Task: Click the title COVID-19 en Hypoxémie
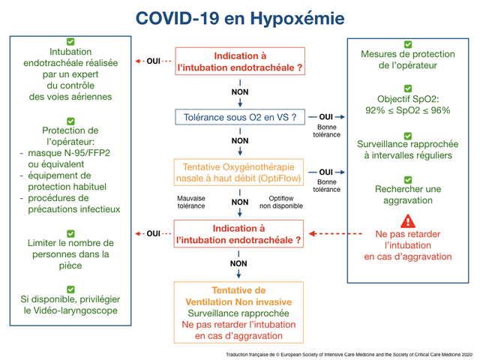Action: point(240,18)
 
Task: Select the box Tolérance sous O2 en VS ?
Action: point(240,117)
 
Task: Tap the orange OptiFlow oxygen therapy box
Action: point(238,172)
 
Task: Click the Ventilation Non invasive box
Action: point(238,313)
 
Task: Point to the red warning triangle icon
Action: point(408,221)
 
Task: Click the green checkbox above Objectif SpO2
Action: point(408,88)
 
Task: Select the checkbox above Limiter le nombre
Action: point(70,233)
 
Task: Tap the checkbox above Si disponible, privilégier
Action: point(70,289)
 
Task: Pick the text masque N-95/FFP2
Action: point(69,153)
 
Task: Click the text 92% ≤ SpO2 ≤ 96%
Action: point(408,110)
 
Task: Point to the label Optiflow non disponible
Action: point(281,202)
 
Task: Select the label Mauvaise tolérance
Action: point(191,202)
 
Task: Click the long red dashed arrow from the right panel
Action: point(335,234)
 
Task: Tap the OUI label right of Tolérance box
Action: point(325,117)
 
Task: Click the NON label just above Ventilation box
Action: point(238,263)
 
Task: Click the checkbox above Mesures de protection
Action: point(408,44)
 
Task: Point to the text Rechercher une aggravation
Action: point(408,195)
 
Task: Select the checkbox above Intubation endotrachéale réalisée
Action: point(70,42)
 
